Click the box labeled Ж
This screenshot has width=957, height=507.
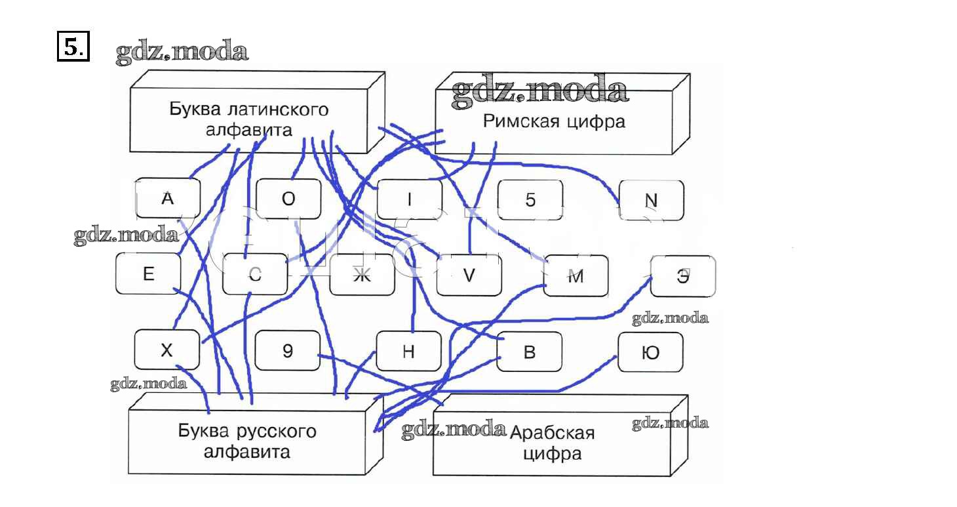362,275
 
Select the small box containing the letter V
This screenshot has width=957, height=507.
468,275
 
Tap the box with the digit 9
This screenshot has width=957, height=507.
288,351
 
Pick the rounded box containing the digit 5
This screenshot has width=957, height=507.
530,199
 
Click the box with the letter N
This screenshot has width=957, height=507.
651,200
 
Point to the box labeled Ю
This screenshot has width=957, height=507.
650,352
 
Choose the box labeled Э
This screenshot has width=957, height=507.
682,275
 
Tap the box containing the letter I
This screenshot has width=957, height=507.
409,199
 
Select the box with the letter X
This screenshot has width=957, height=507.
166,350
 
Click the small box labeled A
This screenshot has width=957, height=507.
167,199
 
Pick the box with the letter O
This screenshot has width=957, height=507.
288,199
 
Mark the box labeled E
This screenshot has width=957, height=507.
148,274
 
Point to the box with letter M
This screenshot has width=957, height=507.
576,276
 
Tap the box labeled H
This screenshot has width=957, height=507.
408,352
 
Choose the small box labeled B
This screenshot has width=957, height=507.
529,352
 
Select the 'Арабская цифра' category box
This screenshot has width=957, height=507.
552,443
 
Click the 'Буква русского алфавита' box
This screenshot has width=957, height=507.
246,441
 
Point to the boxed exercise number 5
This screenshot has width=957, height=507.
72,47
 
